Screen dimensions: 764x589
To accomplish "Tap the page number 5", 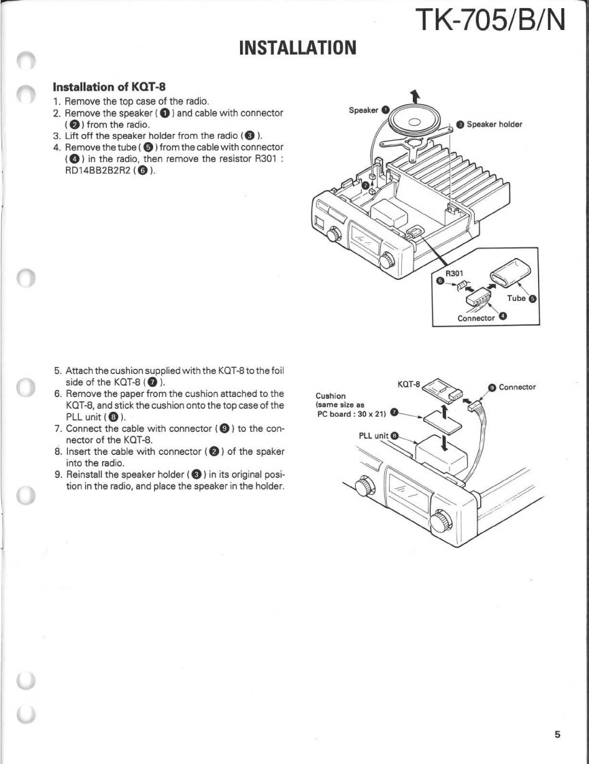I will pos(558,734).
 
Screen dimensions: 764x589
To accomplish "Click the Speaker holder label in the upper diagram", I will pos(493,125).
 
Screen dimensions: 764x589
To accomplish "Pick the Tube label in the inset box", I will pos(518,298).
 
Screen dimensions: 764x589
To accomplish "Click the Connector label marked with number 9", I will pos(517,387).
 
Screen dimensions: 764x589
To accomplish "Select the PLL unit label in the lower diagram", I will pos(373,435).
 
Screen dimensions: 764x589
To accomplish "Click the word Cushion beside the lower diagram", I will pos(331,396).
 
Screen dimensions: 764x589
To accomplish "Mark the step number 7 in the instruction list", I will pos(58,431).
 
